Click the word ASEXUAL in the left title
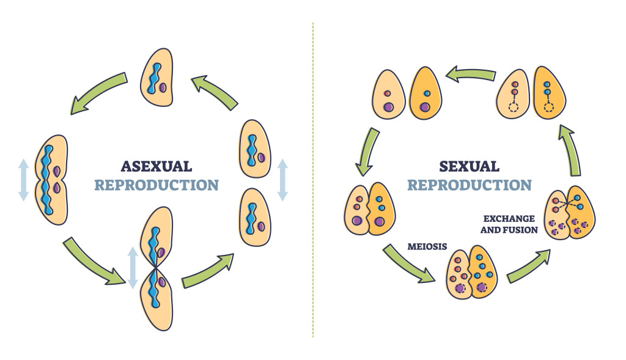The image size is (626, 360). click(156, 166)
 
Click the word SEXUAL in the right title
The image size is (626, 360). click(469, 166)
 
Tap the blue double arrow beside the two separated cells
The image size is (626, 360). click(282, 179)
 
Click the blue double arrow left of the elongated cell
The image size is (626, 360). click(23, 179)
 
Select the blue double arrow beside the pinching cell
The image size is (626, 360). click(131, 268)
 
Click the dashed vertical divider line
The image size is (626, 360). click(313, 183)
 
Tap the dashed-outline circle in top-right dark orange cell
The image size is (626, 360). click(548, 108)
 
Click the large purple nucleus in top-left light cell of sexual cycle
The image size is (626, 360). click(388, 108)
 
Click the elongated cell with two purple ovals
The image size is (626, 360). click(51, 179)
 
